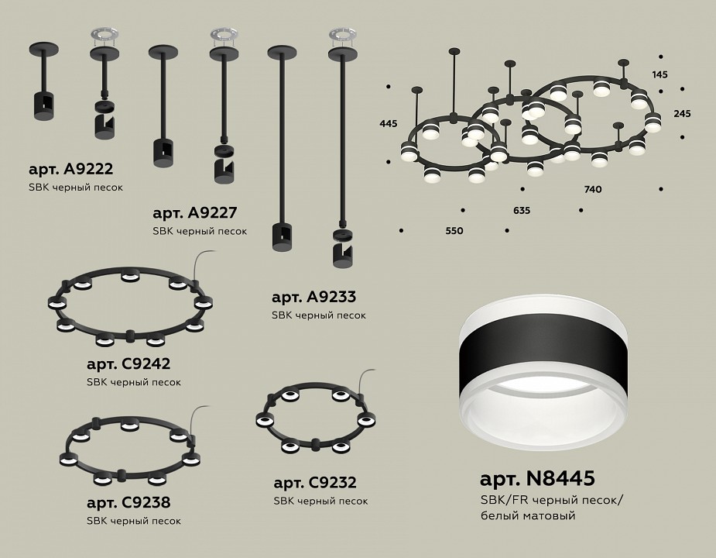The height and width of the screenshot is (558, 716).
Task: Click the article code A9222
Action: (87, 169)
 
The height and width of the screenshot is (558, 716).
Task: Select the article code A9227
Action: (212, 212)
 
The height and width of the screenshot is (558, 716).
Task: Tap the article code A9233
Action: (331, 297)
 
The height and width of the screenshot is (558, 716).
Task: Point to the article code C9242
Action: (146, 363)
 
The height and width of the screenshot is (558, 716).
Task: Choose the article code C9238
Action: (146, 502)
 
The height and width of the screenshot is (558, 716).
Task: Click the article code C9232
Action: (333, 483)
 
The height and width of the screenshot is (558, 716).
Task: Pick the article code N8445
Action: (560, 478)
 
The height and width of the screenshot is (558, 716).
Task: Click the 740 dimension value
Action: (593, 189)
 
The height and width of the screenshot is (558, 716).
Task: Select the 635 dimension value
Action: (522, 210)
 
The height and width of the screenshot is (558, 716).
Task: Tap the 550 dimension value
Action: (454, 231)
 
